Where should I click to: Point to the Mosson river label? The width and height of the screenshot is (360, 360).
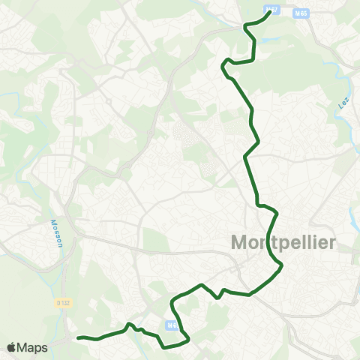point(55,226)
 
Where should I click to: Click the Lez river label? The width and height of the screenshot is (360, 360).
point(343,100)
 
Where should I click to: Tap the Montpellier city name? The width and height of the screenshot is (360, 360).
point(283,243)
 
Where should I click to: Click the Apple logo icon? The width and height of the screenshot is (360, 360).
point(13,347)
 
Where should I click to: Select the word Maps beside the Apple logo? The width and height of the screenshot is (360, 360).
point(34,347)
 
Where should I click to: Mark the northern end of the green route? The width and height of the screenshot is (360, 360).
point(270,11)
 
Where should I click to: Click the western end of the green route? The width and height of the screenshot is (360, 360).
point(79,338)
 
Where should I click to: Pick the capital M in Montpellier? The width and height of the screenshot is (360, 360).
point(238,243)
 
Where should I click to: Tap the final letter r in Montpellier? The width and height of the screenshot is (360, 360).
point(333,243)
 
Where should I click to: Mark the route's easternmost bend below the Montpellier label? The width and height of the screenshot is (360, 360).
point(281,266)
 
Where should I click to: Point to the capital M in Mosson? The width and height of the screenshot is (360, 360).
point(54,235)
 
